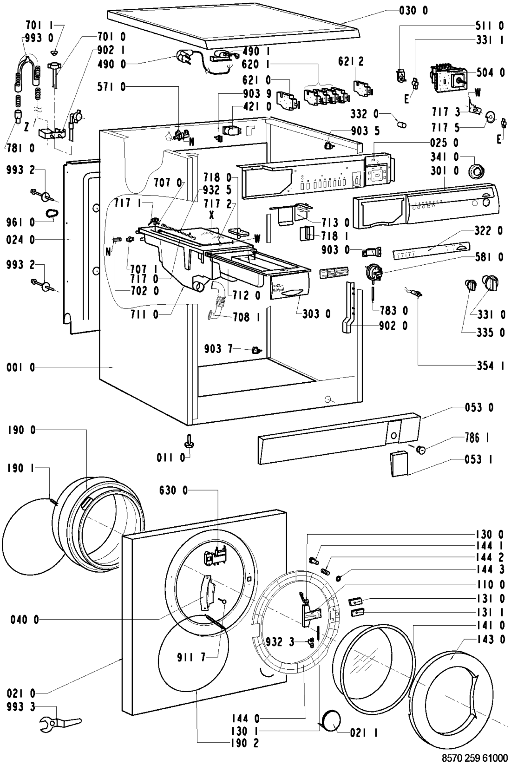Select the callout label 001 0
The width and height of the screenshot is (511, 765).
21,368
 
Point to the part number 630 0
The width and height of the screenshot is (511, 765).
173,490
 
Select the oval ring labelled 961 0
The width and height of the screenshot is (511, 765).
52,213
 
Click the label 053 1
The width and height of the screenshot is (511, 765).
479,459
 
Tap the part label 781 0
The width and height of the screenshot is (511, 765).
21,149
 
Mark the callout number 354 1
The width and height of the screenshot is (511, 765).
491,366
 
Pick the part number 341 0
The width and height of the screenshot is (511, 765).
444,157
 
